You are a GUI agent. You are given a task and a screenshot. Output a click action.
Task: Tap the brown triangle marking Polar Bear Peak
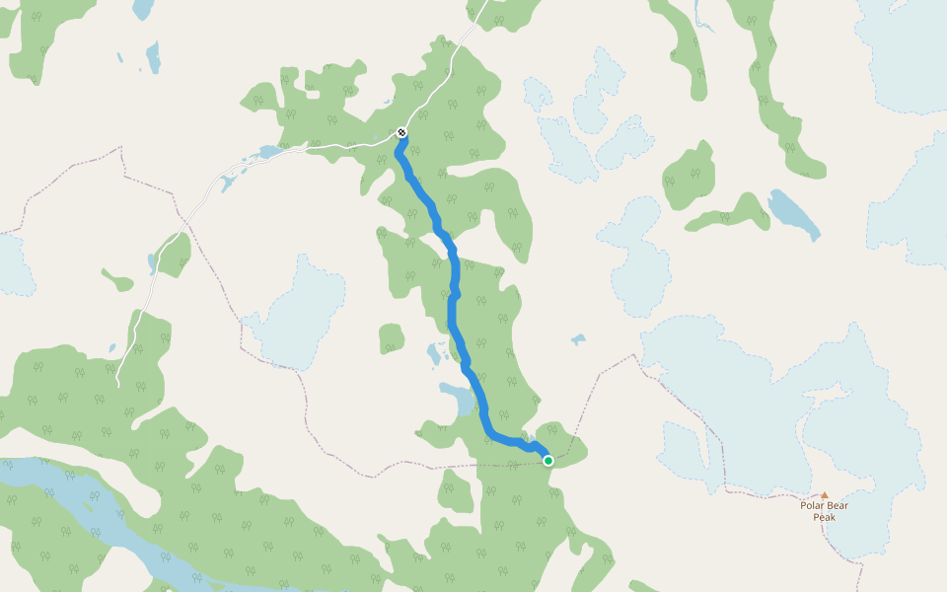tap(825, 495)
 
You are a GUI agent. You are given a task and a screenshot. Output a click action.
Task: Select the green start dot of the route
tap(548, 460)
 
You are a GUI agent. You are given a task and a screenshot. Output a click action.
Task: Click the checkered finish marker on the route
tap(401, 132)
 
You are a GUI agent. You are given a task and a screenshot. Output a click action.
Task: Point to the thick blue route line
tap(453, 296)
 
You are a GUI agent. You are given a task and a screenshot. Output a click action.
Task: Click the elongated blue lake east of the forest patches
tap(793, 213)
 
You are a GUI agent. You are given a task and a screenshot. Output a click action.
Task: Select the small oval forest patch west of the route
tap(392, 337)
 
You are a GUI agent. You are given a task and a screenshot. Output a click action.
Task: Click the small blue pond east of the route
tap(577, 339)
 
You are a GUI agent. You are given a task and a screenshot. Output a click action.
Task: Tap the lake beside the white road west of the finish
tap(267, 153)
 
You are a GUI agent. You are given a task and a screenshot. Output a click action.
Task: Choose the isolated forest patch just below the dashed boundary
tap(455, 489)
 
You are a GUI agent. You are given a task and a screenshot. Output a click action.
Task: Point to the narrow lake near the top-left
tap(152, 56)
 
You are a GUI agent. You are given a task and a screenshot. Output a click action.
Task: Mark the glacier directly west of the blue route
tap(296, 311)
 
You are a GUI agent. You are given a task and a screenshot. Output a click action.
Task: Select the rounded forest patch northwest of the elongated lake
tap(690, 176)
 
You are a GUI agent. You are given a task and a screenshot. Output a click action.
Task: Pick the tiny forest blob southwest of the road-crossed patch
tap(118, 282)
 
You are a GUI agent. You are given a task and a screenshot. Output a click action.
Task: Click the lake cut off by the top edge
tap(143, 9)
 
